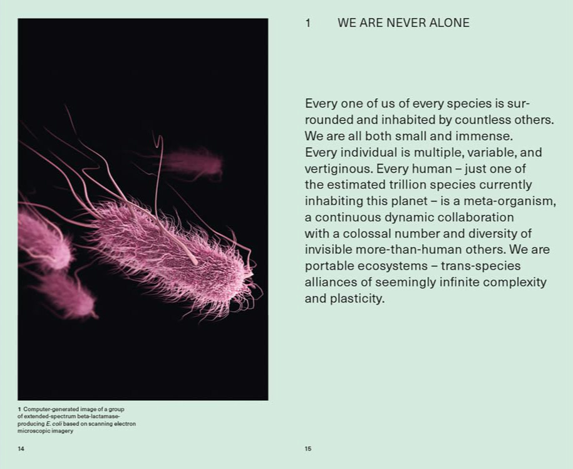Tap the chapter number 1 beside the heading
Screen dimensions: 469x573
coord(308,23)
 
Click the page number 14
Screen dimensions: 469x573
coord(21,448)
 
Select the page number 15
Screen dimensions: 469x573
coord(308,448)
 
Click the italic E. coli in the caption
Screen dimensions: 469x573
coord(53,424)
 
